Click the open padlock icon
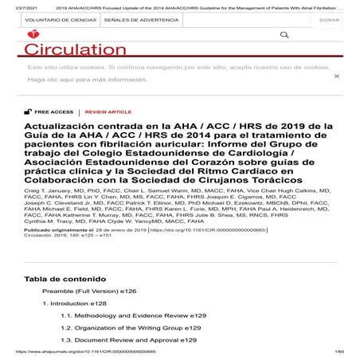pyautogui.click(x=29, y=112)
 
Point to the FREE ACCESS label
pyautogui.click(x=54, y=112)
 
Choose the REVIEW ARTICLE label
pyautogui.click(x=108, y=112)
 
